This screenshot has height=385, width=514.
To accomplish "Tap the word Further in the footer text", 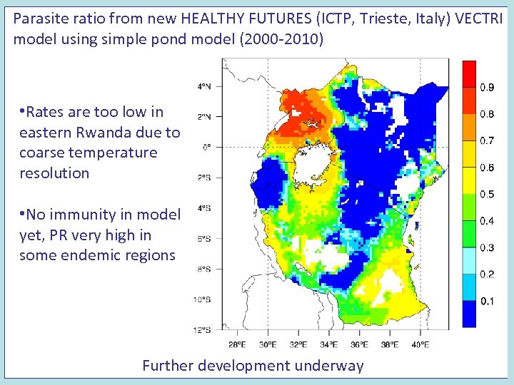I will click(168, 366).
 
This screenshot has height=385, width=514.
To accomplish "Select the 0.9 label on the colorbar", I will click(487, 88).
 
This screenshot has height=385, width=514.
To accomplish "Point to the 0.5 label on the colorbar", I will click(487, 195).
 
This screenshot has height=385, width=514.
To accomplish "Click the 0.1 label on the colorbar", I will click(487, 302).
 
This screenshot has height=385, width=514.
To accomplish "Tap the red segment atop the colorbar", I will click(469, 73).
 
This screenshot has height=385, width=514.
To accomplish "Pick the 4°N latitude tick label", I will click(204, 86).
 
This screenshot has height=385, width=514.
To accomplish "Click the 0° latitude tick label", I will click(206, 147).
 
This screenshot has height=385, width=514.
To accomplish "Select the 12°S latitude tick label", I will click(203, 329).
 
